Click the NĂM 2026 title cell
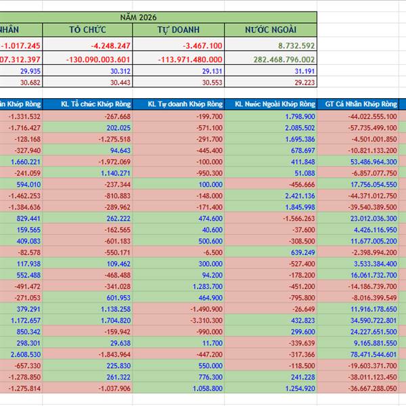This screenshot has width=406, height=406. click(x=158, y=16)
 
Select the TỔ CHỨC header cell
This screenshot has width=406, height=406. click(x=88, y=30)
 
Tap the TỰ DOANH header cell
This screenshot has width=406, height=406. click(x=179, y=30)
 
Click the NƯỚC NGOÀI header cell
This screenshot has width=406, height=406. click(x=271, y=30)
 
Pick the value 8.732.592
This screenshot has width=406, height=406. click(x=292, y=45)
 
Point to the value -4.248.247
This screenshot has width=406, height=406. click(x=109, y=45)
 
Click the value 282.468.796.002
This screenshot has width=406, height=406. click(x=277, y=59)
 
